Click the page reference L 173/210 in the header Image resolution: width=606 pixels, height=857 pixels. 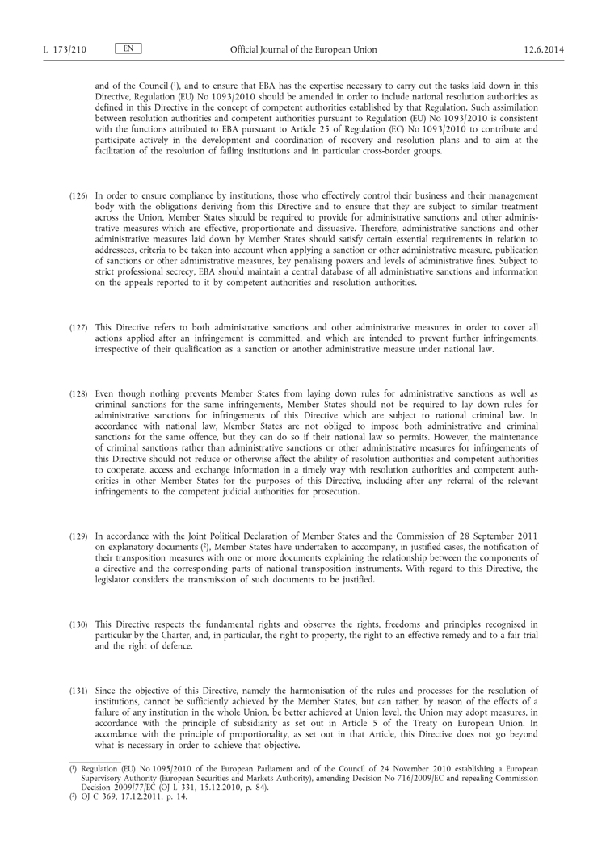tap(64, 50)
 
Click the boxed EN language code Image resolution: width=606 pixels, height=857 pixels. tap(128, 49)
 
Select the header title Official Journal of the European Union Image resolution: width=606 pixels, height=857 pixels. tap(303, 50)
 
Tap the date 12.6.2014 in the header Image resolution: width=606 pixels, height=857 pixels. tap(543, 50)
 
